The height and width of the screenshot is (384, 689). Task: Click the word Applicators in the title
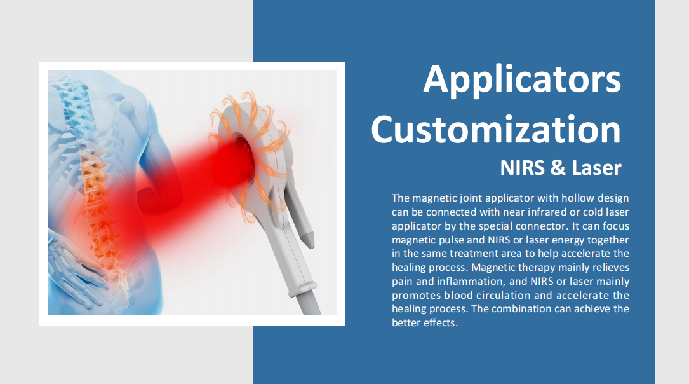tap(522, 79)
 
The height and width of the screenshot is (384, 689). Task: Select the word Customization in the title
tap(496, 129)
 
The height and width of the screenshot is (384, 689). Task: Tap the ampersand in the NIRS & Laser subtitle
tap(558, 168)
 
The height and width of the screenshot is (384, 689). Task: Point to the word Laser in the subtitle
tap(596, 168)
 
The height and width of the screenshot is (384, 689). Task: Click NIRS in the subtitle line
tap(523, 168)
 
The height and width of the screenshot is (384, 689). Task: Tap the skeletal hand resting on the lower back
tap(77, 268)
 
